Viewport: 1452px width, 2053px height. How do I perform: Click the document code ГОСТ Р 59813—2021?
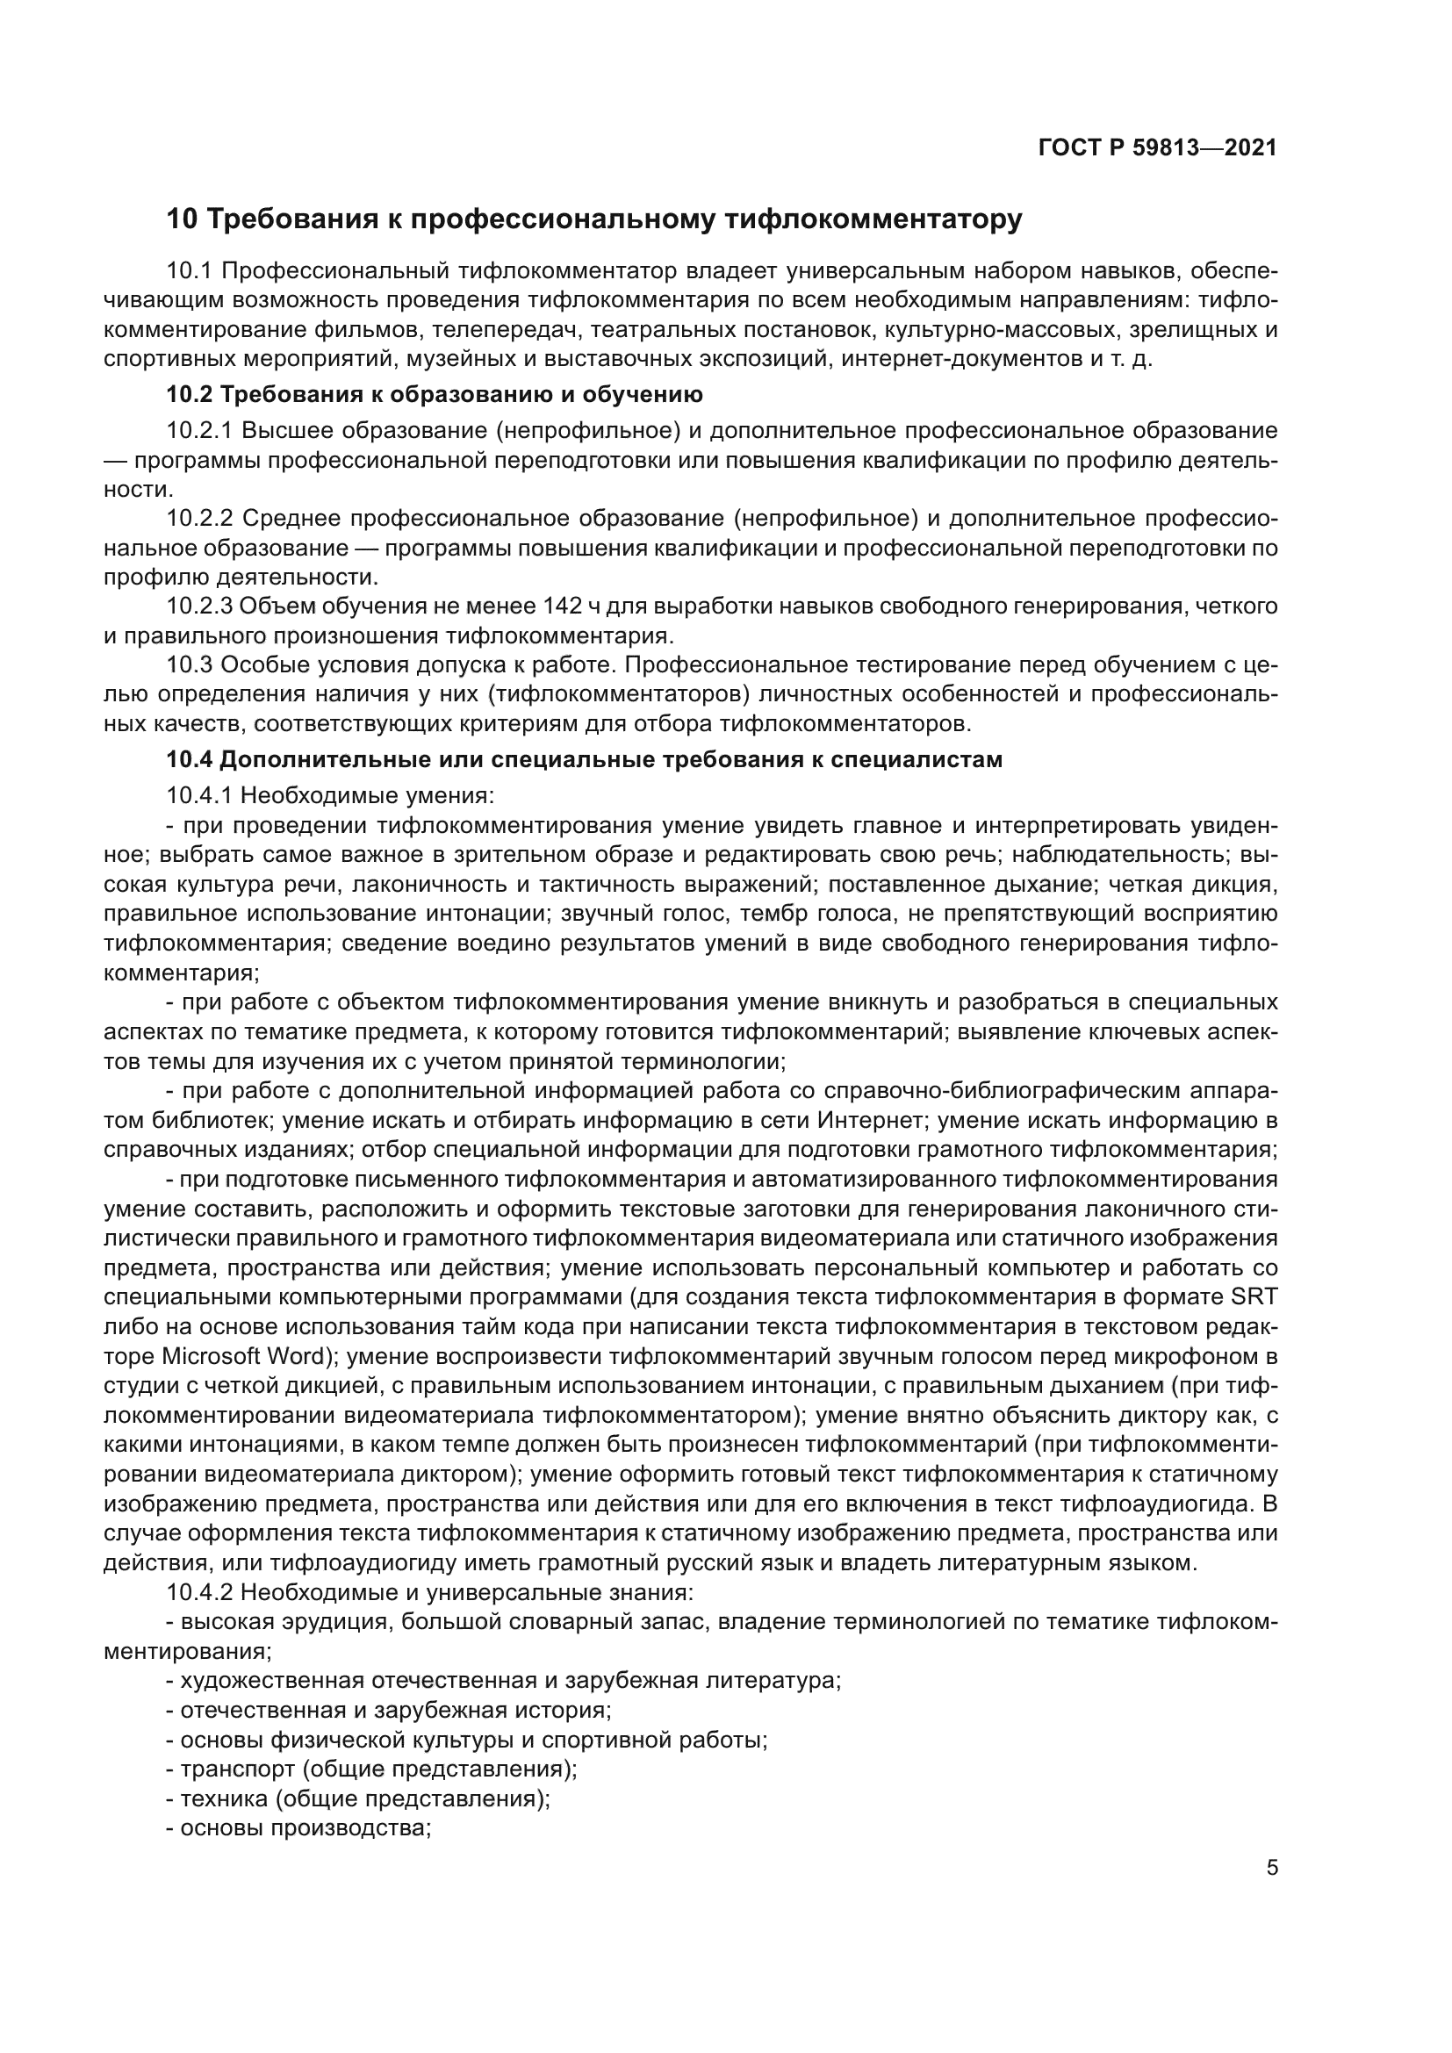pos(1158,147)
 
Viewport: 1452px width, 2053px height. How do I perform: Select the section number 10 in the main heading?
pos(182,219)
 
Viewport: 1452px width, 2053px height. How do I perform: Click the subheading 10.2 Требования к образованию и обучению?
pos(435,394)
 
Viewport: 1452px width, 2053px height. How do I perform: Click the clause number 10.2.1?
pos(199,431)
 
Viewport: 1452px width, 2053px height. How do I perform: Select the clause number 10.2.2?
pos(199,519)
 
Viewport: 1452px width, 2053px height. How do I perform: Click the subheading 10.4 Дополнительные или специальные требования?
pos(585,760)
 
